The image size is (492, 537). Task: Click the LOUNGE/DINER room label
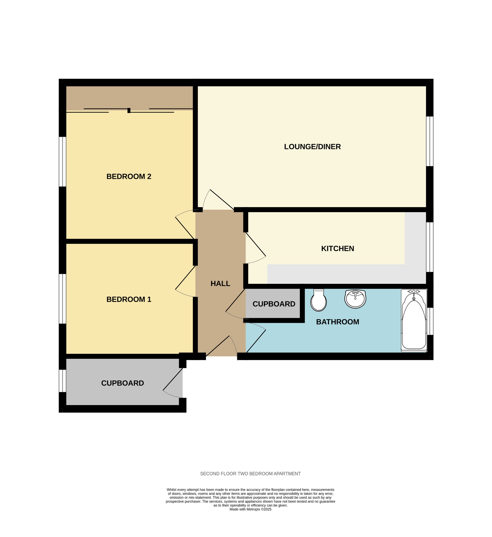(312, 147)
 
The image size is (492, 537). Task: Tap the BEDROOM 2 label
(129, 177)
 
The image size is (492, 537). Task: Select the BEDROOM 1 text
(129, 299)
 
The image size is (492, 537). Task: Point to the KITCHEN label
(338, 248)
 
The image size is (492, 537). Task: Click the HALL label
(220, 284)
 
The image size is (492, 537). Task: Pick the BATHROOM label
(338, 322)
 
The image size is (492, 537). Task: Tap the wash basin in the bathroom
(355, 299)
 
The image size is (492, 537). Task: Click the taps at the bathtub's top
(414, 292)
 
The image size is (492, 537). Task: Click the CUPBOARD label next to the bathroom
(274, 304)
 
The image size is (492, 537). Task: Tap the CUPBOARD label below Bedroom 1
(122, 383)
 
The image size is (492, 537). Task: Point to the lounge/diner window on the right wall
(430, 141)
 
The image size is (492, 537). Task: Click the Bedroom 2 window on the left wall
(62, 162)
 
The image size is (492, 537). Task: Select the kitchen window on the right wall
(430, 247)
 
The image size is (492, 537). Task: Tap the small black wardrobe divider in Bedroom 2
(129, 111)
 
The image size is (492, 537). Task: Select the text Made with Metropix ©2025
(250, 509)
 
